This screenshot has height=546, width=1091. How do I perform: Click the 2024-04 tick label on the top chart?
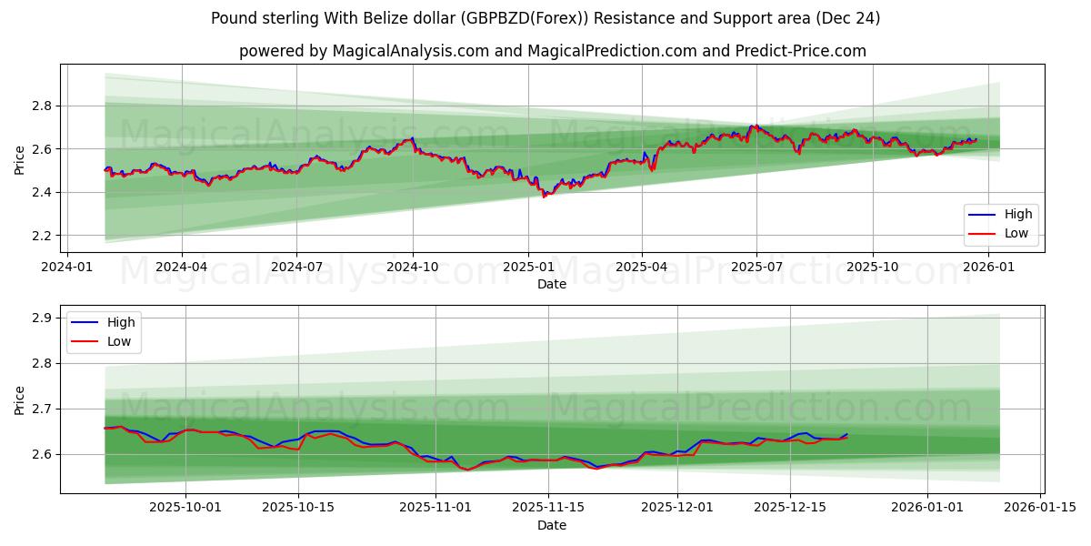pyautogui.click(x=182, y=268)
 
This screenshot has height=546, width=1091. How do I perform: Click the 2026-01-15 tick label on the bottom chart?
pyautogui.click(x=1040, y=508)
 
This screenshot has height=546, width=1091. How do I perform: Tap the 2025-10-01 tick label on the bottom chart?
pyautogui.click(x=186, y=508)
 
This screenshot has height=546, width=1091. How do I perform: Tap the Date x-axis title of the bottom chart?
pyautogui.click(x=552, y=526)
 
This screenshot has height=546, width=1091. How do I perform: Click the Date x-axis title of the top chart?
pyautogui.click(x=552, y=284)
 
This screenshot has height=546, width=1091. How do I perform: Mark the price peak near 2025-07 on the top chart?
pyautogui.click(x=753, y=126)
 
